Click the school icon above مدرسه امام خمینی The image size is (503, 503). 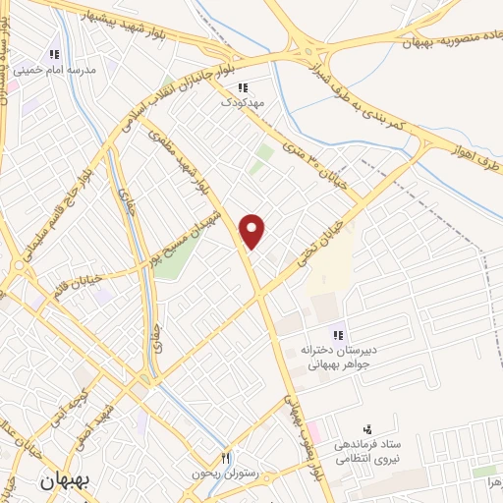(55, 54)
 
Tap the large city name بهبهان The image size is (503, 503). (64, 483)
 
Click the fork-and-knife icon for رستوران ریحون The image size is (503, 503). (226, 458)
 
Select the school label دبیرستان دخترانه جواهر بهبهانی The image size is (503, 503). (331, 356)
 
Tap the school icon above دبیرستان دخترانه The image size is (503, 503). (338, 334)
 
